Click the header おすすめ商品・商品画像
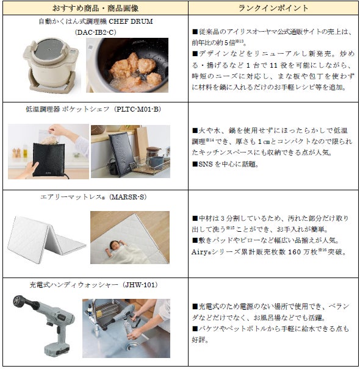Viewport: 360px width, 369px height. [x=95, y=9]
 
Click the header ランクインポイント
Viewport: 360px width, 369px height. [x=273, y=9]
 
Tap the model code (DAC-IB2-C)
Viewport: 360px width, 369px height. [x=95, y=32]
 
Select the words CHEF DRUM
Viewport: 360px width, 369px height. [x=131, y=21]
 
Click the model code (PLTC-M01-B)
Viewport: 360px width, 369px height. [x=137, y=109]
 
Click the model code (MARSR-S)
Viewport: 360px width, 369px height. [x=128, y=197]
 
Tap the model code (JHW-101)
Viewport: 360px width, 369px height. [x=140, y=285]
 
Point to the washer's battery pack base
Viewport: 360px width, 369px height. [x=57, y=349]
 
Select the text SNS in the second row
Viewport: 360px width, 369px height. [x=206, y=164]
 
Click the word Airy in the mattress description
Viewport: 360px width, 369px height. [x=199, y=253]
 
